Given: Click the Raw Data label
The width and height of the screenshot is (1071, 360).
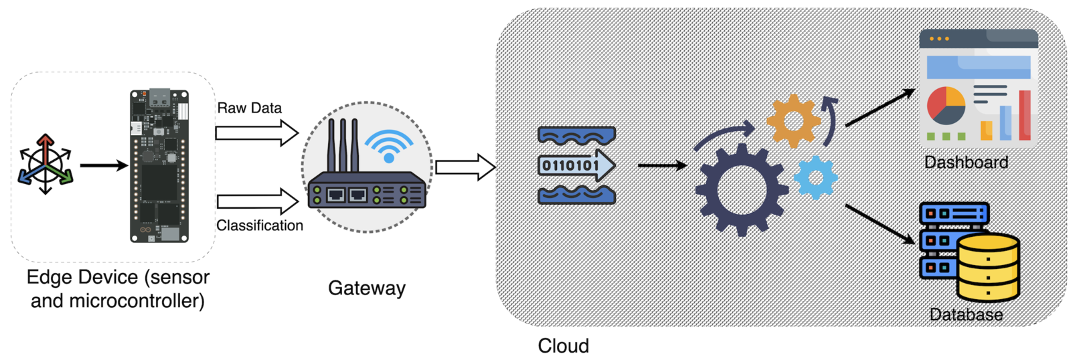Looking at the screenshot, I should click(249, 108).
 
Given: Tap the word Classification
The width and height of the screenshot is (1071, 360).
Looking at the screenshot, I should click(260, 226).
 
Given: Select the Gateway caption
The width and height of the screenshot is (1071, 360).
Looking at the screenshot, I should click(366, 288).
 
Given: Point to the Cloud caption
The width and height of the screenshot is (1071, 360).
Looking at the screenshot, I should click(563, 345).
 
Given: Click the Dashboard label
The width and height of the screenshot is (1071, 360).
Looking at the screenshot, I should click(966, 162).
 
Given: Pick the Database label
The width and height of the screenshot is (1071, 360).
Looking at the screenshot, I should click(966, 314).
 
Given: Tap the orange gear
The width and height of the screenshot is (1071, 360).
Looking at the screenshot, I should click(793, 121).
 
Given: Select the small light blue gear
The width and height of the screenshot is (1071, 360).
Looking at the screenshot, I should click(815, 178).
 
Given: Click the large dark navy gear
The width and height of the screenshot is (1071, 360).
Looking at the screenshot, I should click(742, 189).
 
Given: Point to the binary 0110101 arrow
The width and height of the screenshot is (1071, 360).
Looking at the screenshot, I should click(576, 165).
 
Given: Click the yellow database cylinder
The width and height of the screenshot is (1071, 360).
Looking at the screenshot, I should click(988, 267).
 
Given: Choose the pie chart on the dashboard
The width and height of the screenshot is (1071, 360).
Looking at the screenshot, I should click(946, 106).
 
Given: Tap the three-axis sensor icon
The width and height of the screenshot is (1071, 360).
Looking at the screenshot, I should click(45, 165).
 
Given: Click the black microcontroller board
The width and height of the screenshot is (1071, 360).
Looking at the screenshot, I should click(159, 166).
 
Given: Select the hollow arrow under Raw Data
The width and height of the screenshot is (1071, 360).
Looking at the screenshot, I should click(257, 132).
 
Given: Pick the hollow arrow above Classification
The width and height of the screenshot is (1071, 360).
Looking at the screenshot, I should click(257, 201).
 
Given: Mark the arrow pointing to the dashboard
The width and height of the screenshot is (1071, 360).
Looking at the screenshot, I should click(880, 107).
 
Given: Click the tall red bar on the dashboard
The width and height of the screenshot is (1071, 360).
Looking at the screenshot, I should click(1024, 115).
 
